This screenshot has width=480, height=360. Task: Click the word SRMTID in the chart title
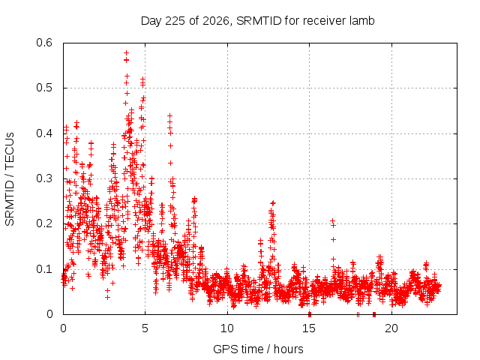[x=259, y=21]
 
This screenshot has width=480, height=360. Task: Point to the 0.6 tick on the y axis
[x=44, y=43]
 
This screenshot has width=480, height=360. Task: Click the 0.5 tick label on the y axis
[x=44, y=88]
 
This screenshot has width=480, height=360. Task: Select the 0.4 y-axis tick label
[x=44, y=133]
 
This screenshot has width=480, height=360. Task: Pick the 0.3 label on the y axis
[x=44, y=178]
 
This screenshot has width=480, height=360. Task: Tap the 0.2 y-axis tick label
[x=44, y=223]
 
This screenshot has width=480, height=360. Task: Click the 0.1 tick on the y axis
[x=44, y=269]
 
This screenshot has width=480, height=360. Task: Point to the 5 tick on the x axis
[x=145, y=328]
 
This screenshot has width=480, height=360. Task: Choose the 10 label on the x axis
[x=227, y=328]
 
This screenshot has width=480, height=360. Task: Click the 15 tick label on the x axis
[x=309, y=328]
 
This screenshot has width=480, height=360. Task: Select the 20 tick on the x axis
[x=391, y=328]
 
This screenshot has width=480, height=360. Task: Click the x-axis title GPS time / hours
[x=258, y=349]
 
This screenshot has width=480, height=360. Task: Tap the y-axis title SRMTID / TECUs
[x=10, y=179]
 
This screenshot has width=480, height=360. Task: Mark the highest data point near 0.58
[x=126, y=53]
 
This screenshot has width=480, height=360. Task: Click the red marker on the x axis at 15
[x=310, y=314]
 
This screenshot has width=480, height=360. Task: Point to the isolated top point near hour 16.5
[x=332, y=220]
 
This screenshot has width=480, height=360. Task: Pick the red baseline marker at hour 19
[x=374, y=315]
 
